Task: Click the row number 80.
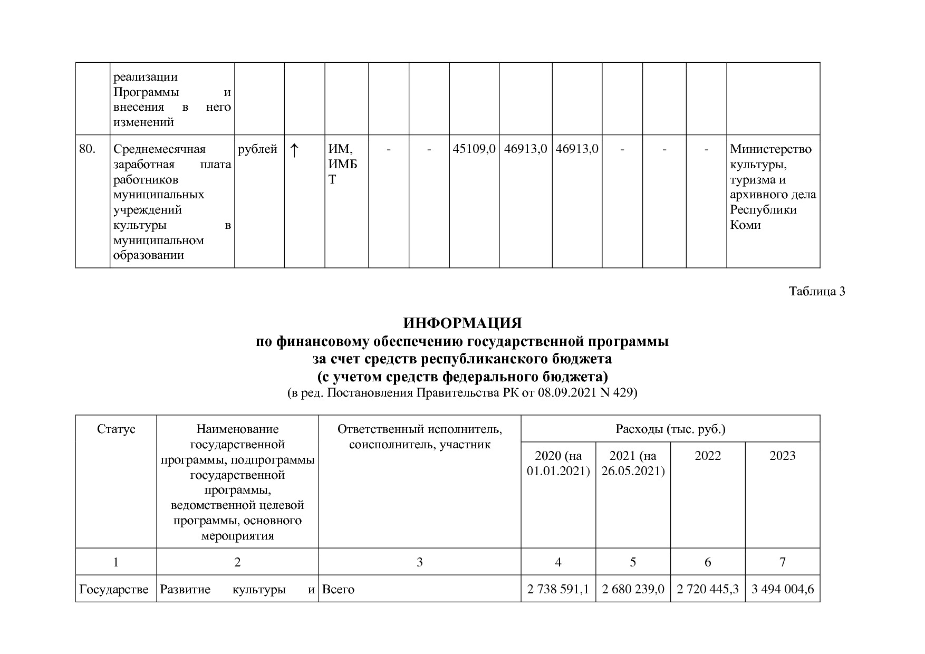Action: click(x=87, y=149)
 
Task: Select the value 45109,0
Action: click(x=474, y=149)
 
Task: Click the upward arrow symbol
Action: click(x=294, y=150)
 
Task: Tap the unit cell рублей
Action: click(x=257, y=149)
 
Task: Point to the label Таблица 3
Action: click(x=817, y=292)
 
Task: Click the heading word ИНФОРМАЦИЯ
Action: click(x=462, y=323)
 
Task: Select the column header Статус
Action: click(x=116, y=429)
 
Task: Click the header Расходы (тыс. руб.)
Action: click(x=670, y=429)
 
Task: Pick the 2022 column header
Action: click(x=708, y=456)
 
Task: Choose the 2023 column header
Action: click(x=782, y=456)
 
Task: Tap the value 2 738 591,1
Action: click(x=558, y=589)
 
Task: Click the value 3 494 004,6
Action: click(x=783, y=589)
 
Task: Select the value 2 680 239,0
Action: click(x=633, y=589)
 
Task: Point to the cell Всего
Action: click(x=338, y=589)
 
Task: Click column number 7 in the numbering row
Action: click(x=783, y=562)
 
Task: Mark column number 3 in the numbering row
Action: click(x=420, y=562)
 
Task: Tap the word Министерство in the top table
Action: click(x=770, y=149)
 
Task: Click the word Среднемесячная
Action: click(x=159, y=149)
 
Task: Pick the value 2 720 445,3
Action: click(x=708, y=589)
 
